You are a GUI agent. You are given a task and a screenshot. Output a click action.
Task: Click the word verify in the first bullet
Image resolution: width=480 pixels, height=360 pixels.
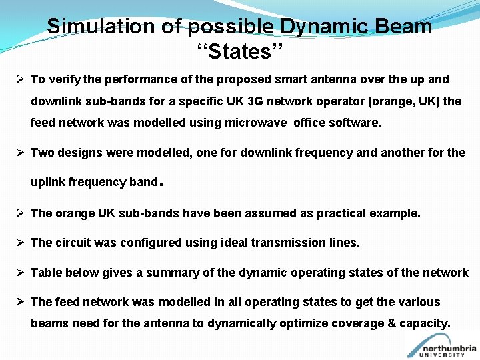[65, 79]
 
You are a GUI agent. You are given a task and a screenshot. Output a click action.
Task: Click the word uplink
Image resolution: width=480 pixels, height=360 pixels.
[48, 182]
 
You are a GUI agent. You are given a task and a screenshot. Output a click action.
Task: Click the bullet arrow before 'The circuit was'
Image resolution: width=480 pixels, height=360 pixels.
[21, 243]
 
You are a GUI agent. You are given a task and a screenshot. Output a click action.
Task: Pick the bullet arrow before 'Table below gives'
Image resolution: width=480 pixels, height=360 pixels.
[21, 272]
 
